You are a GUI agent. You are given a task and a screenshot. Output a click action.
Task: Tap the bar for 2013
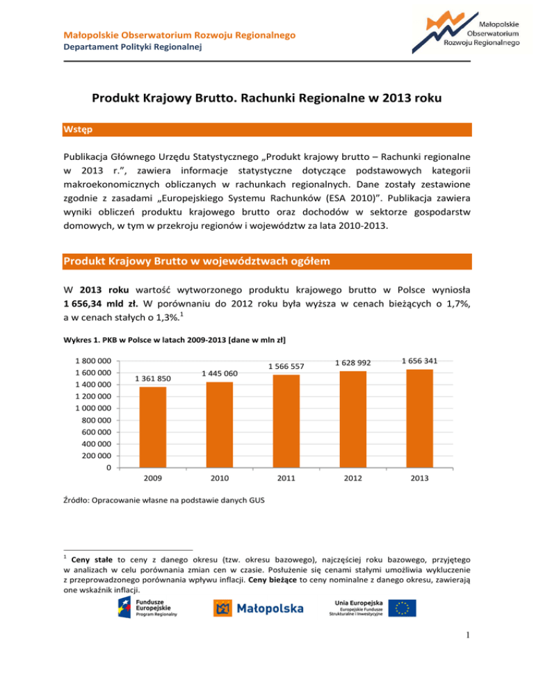[420, 418]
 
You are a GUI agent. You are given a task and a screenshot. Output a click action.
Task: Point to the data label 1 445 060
[219, 373]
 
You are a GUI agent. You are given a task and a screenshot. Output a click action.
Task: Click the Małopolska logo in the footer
[258, 608]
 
